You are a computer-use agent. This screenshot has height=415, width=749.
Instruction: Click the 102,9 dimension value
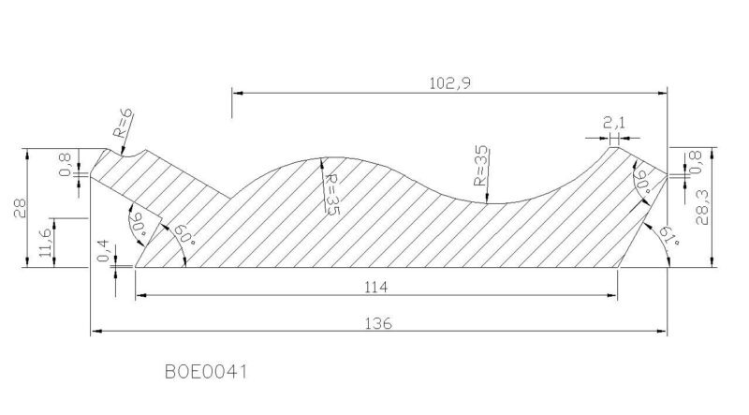pyautogui.click(x=449, y=83)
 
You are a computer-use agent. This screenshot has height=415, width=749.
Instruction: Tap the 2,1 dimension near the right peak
pyautogui.click(x=614, y=123)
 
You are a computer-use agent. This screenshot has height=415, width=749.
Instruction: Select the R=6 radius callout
pyautogui.click(x=123, y=124)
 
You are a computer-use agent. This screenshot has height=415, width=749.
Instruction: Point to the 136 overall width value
pyautogui.click(x=378, y=324)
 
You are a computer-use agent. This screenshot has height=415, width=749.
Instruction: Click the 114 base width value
pyautogui.click(x=376, y=288)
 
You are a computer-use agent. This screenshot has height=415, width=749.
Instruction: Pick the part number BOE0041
pyautogui.click(x=206, y=372)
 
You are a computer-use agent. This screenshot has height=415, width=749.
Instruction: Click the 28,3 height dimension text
pyautogui.click(x=701, y=205)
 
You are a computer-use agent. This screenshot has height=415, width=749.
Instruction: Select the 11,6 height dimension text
pyautogui.click(x=45, y=243)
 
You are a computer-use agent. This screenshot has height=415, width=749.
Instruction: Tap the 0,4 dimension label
pyautogui.click(x=104, y=251)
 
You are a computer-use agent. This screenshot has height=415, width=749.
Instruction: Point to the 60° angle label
pyautogui.click(x=184, y=235)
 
